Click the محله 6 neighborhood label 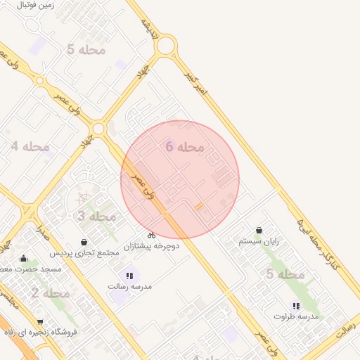click(185, 146)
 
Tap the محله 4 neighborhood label click(30, 146)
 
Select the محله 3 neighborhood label click(96, 216)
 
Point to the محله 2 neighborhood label click(50, 292)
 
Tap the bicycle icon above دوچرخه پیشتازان click(151, 235)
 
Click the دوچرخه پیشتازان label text click(152, 247)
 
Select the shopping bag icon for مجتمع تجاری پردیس click(84, 242)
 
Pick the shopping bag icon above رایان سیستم click(259, 230)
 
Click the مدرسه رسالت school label click(130, 287)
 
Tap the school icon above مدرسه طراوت click(296, 306)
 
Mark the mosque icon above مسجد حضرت click(24, 258)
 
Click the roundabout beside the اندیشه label click(166, 47)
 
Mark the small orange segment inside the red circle click(199, 206)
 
